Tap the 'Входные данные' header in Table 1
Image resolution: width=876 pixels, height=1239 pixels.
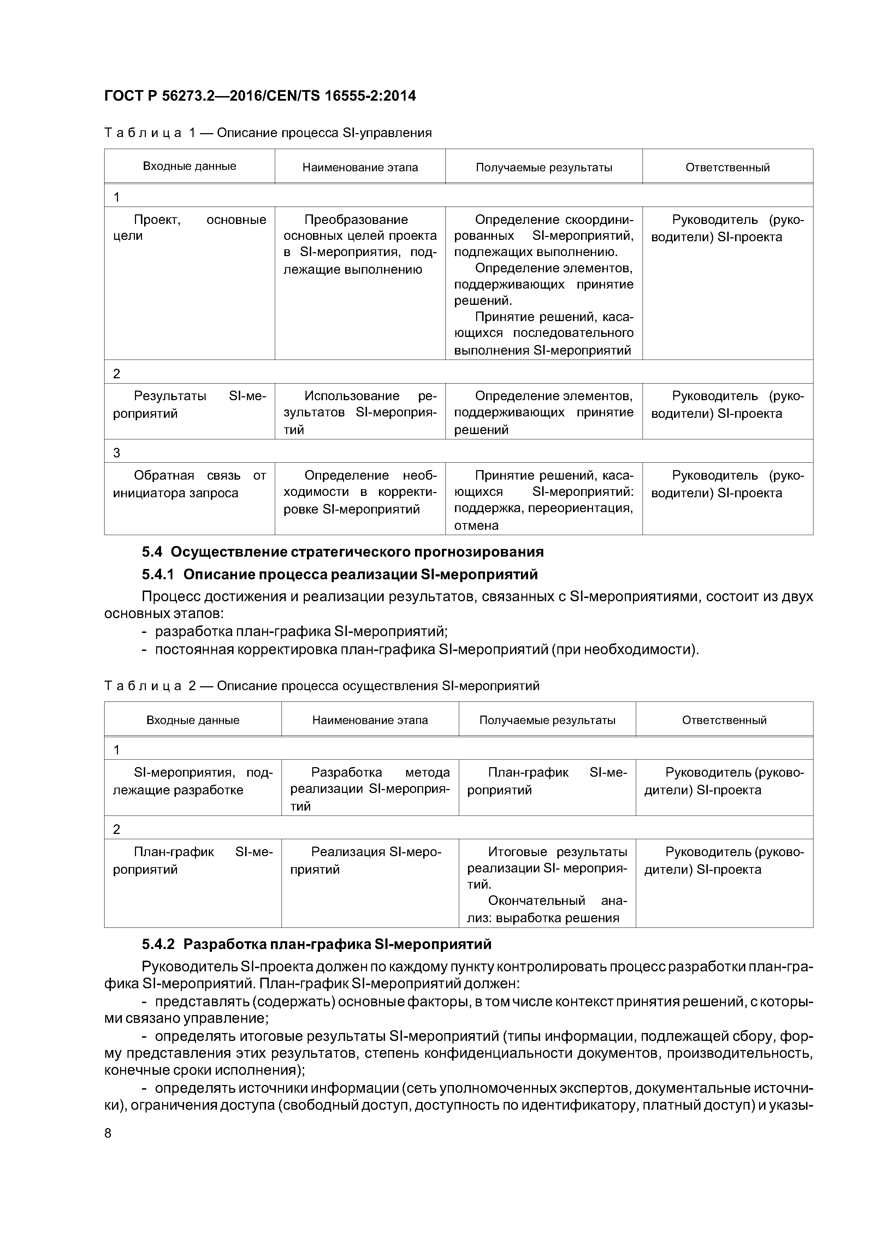[x=189, y=166]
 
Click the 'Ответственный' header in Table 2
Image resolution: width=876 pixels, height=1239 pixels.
[x=724, y=720]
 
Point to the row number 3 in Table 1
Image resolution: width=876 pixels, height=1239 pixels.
[x=117, y=453]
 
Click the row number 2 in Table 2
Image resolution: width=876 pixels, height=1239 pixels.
[x=117, y=829]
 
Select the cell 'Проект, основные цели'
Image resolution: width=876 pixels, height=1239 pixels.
[x=189, y=228]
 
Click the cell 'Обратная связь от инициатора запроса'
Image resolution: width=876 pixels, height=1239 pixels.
[x=189, y=484]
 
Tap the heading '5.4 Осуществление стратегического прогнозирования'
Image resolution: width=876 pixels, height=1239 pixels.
[x=343, y=552]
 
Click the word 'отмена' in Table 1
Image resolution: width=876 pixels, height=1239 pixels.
[x=477, y=526]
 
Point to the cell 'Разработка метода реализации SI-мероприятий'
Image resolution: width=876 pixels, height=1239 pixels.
[x=370, y=789]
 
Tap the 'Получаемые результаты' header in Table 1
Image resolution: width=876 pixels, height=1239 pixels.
[x=544, y=167]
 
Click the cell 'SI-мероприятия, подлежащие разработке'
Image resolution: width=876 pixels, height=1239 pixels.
[x=193, y=781]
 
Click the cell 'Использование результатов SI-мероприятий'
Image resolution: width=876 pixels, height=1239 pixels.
[x=360, y=413]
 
